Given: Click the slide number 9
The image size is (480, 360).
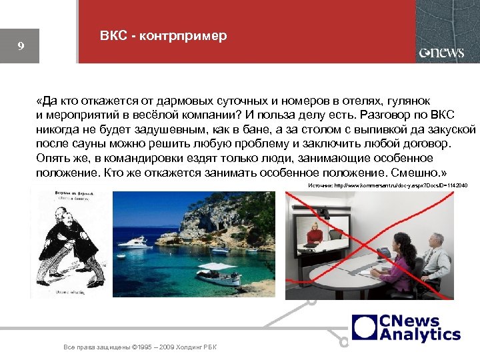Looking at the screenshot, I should tap(21, 47).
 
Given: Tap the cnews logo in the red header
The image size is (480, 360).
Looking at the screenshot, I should tap(441, 53).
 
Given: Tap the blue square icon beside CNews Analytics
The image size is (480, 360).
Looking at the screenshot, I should tap(365, 328).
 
